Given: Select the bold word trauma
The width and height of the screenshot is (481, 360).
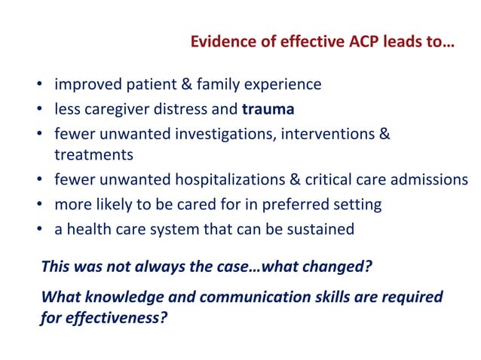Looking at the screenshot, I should point(268,109).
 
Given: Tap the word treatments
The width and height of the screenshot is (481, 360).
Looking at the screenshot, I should point(93,155).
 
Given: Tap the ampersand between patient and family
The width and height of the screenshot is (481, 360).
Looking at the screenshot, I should point(182,84).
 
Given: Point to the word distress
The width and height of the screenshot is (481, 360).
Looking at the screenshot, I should point(179,109).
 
